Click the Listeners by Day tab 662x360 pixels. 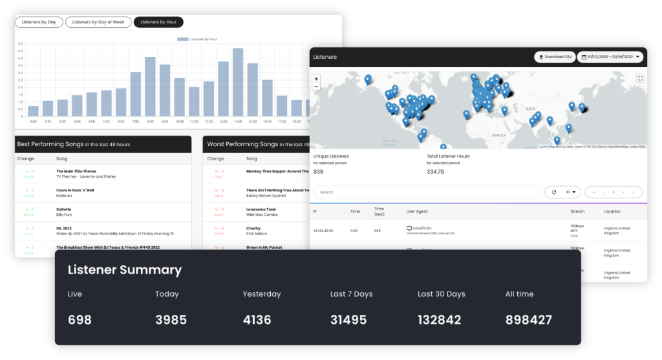[39, 22]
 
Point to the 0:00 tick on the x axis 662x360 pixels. [33, 122]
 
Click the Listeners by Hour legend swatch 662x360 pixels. [182, 39]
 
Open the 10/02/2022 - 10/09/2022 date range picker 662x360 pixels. [610, 57]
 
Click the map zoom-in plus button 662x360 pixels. [316, 78]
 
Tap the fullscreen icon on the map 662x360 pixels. [640, 78]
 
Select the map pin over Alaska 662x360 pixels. [368, 79]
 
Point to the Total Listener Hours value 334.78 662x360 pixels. [435, 172]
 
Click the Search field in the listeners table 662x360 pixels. [427, 192]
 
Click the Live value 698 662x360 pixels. [80, 320]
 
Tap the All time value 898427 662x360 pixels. [528, 320]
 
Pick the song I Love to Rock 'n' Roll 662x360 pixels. [75, 190]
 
